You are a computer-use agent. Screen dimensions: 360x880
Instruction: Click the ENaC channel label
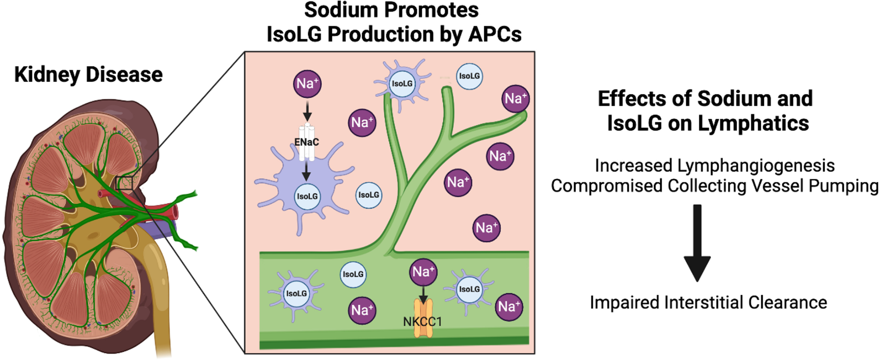pyautogui.click(x=306, y=142)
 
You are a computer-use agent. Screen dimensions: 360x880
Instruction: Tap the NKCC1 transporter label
pyautogui.click(x=422, y=322)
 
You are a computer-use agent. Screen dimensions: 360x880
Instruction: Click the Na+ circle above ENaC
pyautogui.click(x=307, y=84)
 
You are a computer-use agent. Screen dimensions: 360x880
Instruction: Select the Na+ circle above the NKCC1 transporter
pyautogui.click(x=423, y=272)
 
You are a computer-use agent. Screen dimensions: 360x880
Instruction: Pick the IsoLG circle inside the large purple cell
pyautogui.click(x=307, y=197)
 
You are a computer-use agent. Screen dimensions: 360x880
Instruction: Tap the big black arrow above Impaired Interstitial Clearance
pyautogui.click(x=697, y=242)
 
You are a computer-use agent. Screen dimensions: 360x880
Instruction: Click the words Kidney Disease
pyautogui.click(x=88, y=75)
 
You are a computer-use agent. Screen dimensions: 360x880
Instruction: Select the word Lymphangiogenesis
pyautogui.click(x=756, y=166)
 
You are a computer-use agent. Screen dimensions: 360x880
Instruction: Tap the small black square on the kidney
pyautogui.click(x=124, y=183)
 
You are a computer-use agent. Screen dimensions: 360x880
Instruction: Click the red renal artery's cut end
pyautogui.click(x=175, y=213)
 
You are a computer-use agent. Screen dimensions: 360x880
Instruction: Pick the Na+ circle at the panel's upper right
pyautogui.click(x=515, y=99)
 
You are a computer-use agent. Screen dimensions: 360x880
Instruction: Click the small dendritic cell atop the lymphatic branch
pyautogui.click(x=402, y=84)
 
